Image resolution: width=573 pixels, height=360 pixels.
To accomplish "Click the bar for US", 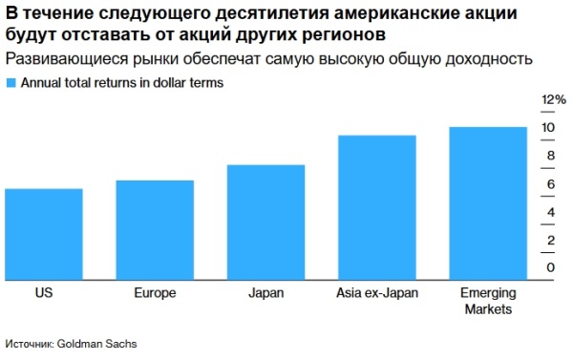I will (x=43, y=233).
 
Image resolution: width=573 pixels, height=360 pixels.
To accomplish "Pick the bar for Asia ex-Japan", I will (x=377, y=206).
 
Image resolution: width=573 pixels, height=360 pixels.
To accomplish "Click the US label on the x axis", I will (x=43, y=293).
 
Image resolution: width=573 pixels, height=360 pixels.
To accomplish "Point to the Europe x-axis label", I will (x=155, y=293).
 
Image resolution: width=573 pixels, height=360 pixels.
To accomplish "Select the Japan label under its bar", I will (x=265, y=293).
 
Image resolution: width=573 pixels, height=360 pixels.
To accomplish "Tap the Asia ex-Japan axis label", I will (x=377, y=293).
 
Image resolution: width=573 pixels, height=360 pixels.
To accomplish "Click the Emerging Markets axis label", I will (x=488, y=301).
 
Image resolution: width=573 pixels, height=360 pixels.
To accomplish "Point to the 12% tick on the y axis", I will (x=555, y=99).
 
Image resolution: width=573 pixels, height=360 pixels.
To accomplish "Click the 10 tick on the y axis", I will (x=549, y=128).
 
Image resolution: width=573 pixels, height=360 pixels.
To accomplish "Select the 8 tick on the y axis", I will (x=549, y=156).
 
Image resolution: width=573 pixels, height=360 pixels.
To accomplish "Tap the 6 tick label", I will (x=549, y=183).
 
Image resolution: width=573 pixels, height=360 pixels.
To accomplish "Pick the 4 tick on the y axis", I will (x=549, y=212).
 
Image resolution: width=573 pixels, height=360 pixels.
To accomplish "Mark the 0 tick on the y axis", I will (x=549, y=267).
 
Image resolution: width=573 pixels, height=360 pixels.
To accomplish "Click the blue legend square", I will (x=11, y=83).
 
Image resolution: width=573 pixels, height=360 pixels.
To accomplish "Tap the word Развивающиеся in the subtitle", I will (x=56, y=59).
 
